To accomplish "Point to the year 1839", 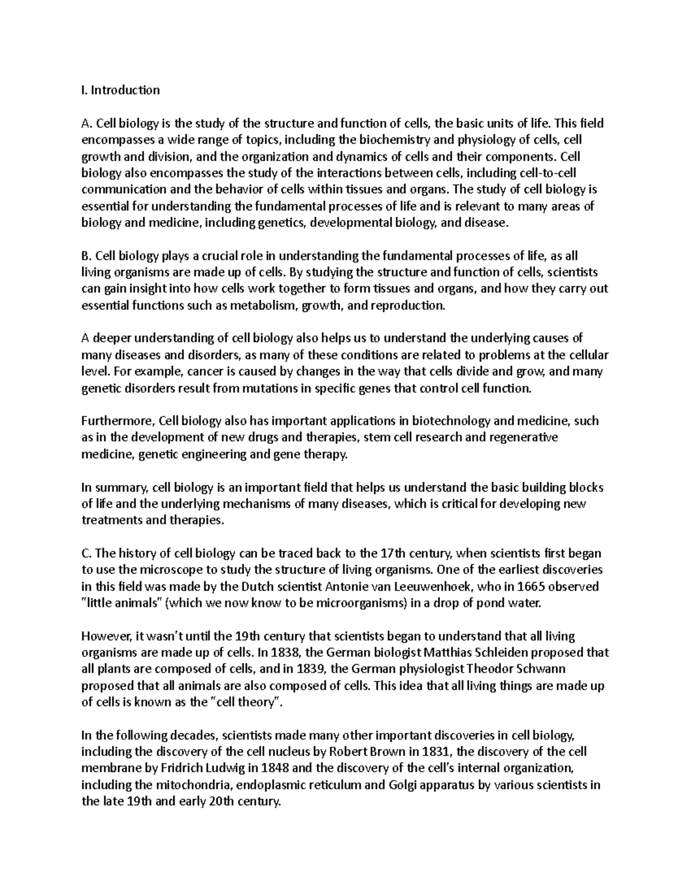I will (x=311, y=669).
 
